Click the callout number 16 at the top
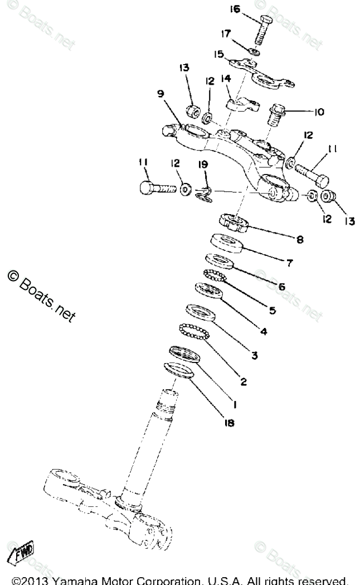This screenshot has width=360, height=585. [x=235, y=9]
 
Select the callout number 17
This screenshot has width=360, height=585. [x=225, y=35]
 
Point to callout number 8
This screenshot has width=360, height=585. [x=300, y=240]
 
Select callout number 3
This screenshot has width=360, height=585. [x=254, y=355]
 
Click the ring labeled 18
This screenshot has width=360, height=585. [x=181, y=371]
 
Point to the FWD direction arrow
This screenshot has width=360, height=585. [x=20, y=554]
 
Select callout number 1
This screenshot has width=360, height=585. [x=236, y=403]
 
